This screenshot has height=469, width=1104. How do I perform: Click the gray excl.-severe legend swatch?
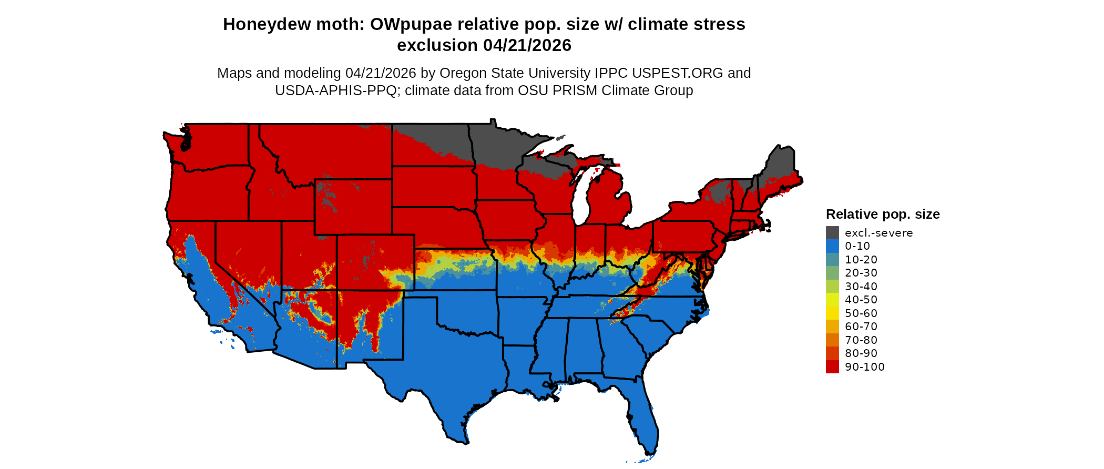coord(832,233)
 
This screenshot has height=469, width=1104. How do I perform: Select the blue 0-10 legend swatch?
coord(832,246)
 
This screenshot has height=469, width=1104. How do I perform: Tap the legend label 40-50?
coord(861,300)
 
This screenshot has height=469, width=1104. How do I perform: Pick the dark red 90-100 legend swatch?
coord(832,367)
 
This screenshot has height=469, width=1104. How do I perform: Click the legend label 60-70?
coord(861,327)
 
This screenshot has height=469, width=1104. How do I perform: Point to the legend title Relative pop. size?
coord(883,214)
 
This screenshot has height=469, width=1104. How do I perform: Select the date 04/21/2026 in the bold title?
coord(527,45)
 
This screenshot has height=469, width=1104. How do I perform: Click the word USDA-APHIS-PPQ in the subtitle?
coord(335,90)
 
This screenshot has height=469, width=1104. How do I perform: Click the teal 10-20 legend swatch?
coord(832,260)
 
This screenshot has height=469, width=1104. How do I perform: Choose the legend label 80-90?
coord(861,353)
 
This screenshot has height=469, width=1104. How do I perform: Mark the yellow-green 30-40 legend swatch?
coord(832,287)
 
